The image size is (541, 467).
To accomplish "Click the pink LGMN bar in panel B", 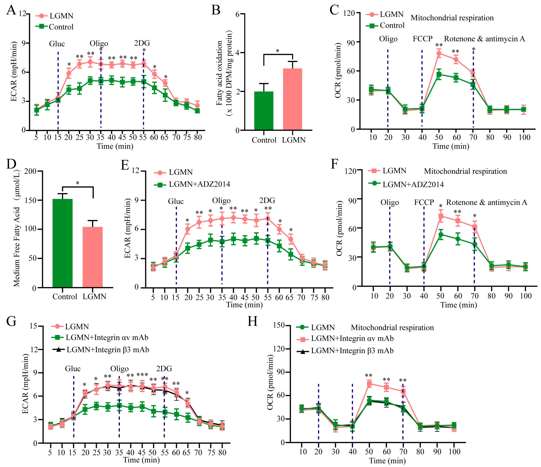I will tap(292, 99).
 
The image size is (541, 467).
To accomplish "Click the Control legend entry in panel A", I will tap(61, 27).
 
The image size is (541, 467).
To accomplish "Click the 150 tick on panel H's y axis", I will tap(279, 325).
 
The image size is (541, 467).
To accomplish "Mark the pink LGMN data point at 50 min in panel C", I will tap(439, 54).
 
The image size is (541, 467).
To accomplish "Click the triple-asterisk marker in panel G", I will tap(142, 375).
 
